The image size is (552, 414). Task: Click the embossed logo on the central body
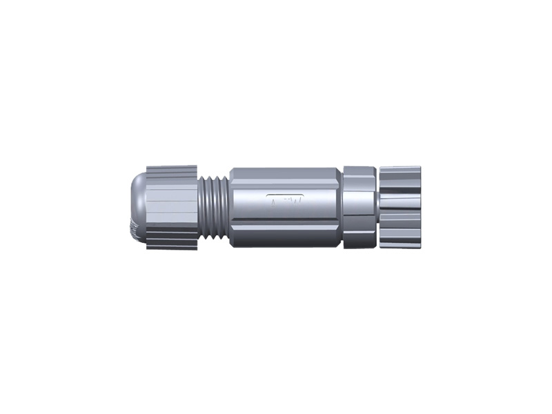coord(289,201)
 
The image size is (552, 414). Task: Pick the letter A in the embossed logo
coord(274,201)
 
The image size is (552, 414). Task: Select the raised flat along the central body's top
coord(283,172)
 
